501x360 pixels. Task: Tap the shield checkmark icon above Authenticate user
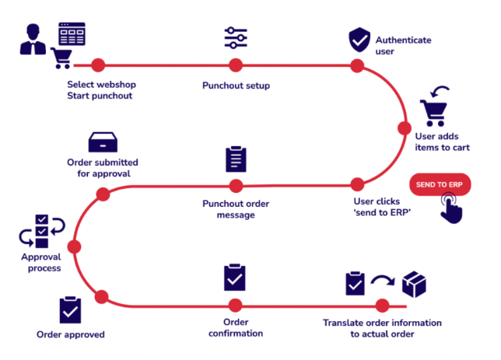tap(359, 39)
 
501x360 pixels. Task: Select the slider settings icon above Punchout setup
tap(235, 39)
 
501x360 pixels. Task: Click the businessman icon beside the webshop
tap(33, 40)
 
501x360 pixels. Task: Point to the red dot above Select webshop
tap(98, 65)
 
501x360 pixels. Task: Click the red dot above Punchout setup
tap(235, 65)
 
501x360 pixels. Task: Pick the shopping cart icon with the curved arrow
tap(434, 107)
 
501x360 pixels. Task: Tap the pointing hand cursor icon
tap(451, 208)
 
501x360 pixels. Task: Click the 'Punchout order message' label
tap(234, 209)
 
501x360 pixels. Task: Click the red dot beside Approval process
tap(75, 247)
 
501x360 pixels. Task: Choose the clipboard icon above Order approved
tap(70, 311)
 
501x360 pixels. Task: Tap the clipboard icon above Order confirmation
tap(235, 277)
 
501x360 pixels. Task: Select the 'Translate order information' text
tap(382, 322)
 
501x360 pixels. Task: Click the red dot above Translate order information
tap(382, 305)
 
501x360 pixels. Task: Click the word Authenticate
tap(403, 40)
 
